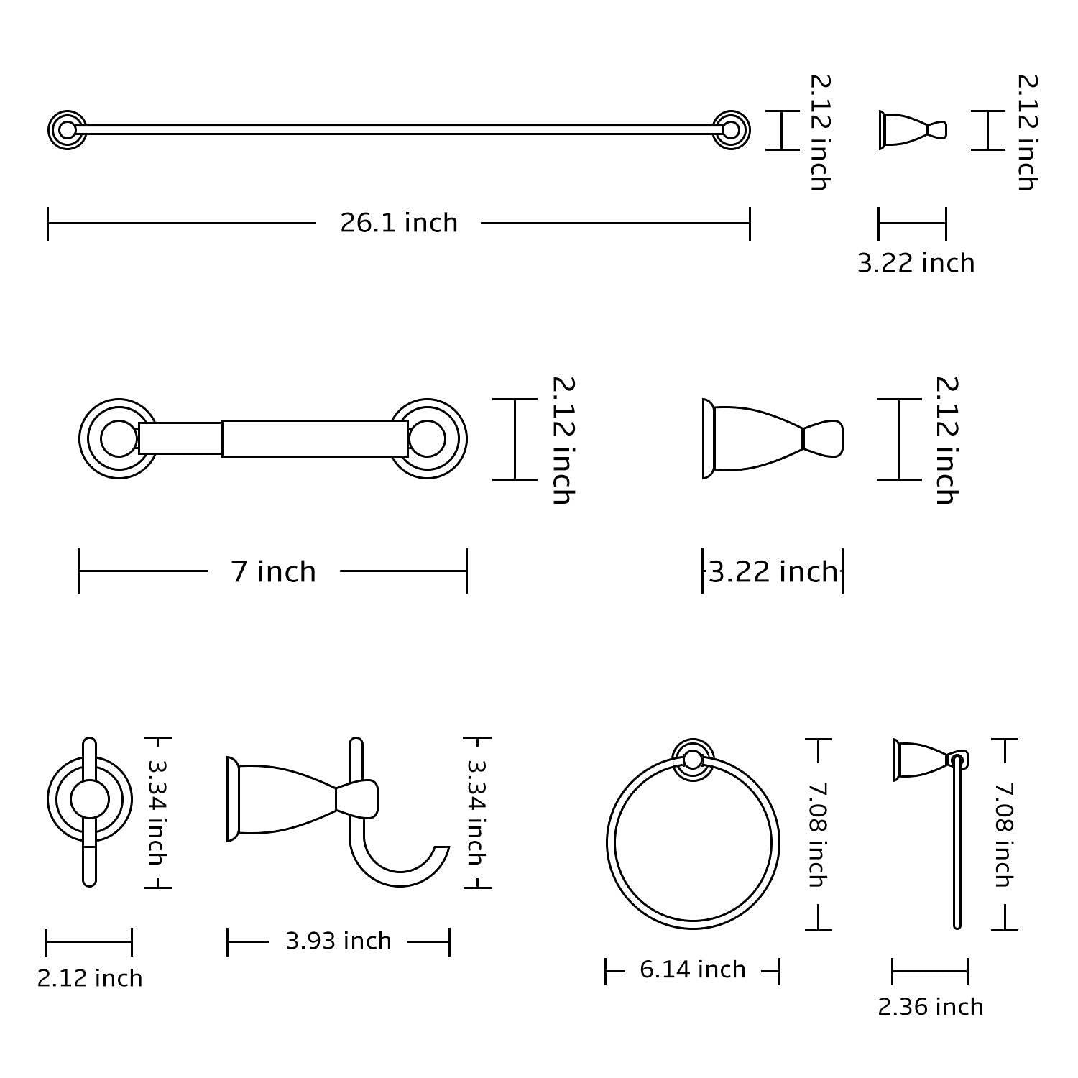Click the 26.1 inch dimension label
[x=398, y=223]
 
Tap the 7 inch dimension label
[x=273, y=572]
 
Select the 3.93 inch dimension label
[x=338, y=941]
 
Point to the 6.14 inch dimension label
[x=692, y=969]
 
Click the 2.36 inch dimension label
[x=930, y=1007]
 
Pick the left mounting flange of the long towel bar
[x=68, y=130]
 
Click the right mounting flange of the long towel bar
[x=731, y=130]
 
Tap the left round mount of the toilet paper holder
[x=117, y=438]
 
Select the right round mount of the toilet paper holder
[x=428, y=438]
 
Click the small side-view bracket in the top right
[x=911, y=130]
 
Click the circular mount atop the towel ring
[x=693, y=760]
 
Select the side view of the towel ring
[x=934, y=826]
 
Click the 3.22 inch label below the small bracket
[x=916, y=264]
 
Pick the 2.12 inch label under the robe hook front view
[x=90, y=978]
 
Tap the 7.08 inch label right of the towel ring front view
[x=816, y=834]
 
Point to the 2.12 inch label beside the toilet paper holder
[x=562, y=440]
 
